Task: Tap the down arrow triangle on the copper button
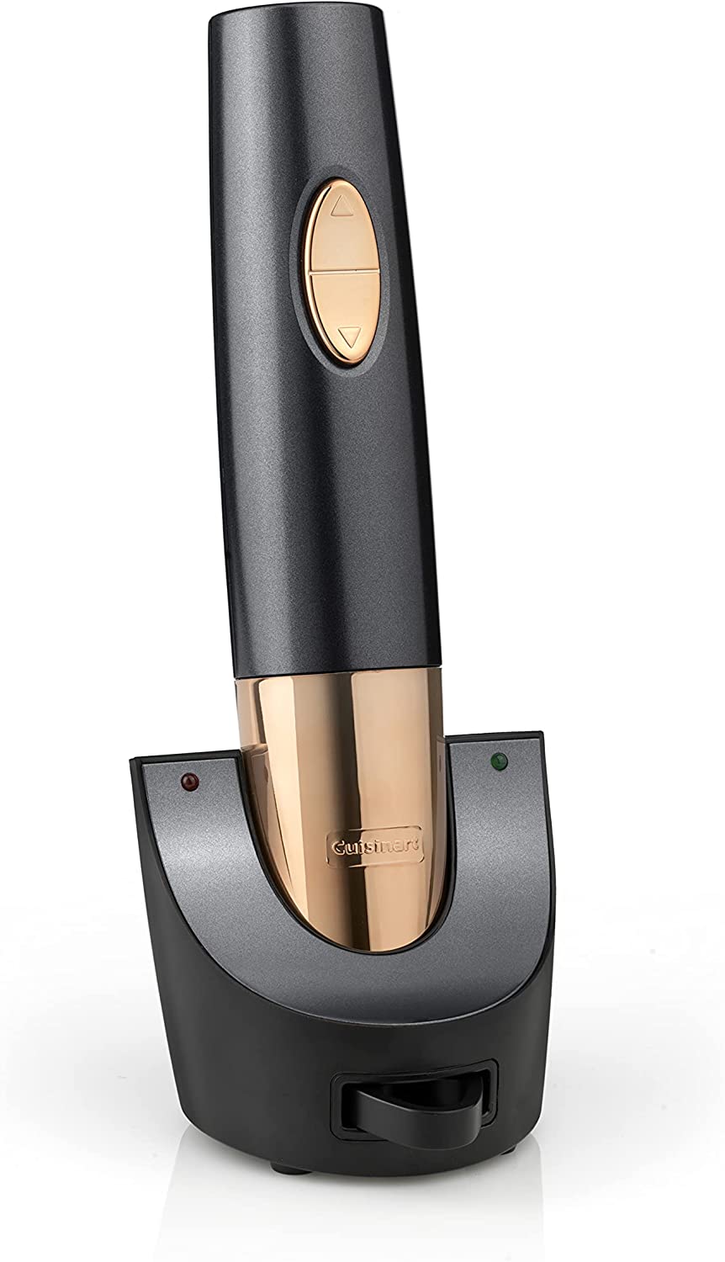point(349,337)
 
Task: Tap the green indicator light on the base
point(499,761)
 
